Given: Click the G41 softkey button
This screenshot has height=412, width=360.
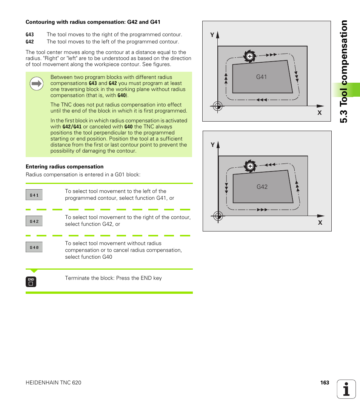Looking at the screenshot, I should (34, 195).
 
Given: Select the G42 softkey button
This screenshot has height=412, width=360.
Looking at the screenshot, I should (34, 221).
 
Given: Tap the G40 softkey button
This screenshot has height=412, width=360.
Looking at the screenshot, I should (34, 247).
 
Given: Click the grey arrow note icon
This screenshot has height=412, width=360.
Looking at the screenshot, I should (37, 83).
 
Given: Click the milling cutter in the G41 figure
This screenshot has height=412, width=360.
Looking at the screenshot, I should (249, 56).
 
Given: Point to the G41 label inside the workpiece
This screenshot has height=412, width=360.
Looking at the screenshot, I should (262, 77).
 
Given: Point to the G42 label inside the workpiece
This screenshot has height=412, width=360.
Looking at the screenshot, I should (262, 187).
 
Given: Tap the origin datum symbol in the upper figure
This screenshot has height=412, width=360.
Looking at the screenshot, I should (217, 106).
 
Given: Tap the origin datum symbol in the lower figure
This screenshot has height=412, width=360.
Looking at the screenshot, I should (218, 216).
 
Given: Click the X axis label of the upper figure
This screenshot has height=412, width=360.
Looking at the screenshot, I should (319, 113).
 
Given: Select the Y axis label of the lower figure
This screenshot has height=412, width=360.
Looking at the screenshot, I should (212, 145).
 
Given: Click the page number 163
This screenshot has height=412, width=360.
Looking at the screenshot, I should (325, 383).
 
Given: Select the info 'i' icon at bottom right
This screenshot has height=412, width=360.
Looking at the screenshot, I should (346, 389).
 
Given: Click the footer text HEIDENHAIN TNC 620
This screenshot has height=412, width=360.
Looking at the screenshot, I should (53, 383).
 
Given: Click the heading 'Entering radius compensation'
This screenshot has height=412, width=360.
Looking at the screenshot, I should (65, 167).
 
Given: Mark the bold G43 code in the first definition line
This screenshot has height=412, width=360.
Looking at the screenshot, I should (30, 34).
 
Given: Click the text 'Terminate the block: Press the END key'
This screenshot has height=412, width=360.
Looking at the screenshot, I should (113, 278).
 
